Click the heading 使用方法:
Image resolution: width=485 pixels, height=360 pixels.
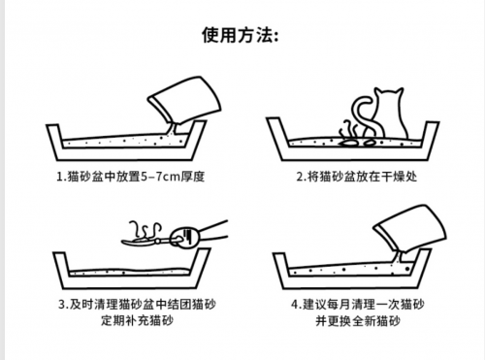click(240, 35)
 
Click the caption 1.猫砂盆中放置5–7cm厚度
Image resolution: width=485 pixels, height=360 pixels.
click(131, 177)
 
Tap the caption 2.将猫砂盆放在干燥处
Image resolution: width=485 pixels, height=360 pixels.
click(357, 177)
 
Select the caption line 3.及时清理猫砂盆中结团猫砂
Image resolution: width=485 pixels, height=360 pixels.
click(137, 305)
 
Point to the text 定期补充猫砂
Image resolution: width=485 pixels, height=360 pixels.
click(137, 320)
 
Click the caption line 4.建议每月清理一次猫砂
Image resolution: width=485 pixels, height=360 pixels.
click(358, 305)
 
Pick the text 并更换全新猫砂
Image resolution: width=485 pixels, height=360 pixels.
click(358, 321)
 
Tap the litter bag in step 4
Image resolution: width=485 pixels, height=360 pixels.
click(411, 228)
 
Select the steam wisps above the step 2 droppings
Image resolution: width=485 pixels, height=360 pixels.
click(348, 130)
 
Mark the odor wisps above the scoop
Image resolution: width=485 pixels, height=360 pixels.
click(145, 230)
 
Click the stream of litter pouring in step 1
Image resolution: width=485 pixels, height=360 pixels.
click(173, 129)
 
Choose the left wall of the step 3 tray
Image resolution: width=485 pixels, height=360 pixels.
click(61, 270)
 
